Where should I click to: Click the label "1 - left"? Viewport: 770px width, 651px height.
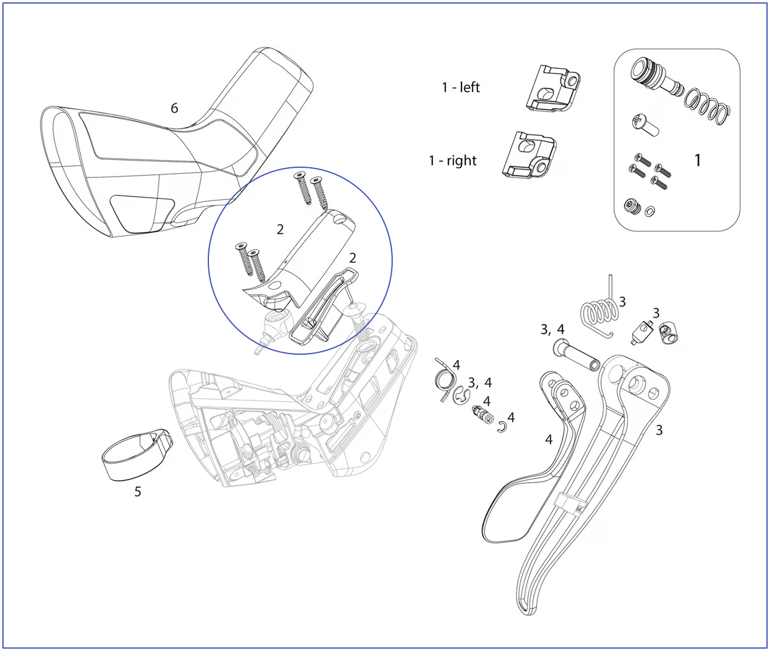(461, 88)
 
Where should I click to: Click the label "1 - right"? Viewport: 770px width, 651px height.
(452, 161)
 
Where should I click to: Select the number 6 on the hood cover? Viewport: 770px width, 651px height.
(174, 108)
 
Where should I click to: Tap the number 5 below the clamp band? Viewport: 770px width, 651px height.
(137, 491)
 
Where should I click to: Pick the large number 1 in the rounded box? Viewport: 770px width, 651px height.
(697, 160)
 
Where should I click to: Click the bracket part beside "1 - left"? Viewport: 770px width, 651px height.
(552, 88)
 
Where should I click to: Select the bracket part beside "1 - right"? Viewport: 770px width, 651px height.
(529, 155)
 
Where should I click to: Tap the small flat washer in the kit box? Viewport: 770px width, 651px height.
(650, 212)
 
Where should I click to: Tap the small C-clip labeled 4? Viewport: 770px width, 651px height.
(502, 426)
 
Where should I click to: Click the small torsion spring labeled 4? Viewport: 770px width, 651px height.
(445, 380)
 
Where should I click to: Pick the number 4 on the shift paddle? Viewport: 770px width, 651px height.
(549, 440)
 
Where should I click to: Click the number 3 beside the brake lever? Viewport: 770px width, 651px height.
(659, 430)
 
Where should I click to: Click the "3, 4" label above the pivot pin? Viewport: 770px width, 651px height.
(552, 329)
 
